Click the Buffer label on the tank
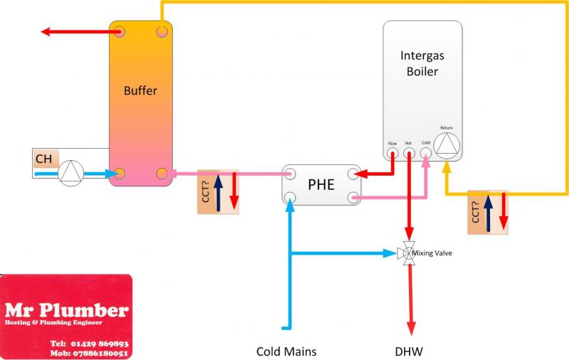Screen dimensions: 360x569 coord(140,90)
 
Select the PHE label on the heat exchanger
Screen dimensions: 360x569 coord(321,185)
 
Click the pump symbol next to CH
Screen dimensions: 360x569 coord(70,173)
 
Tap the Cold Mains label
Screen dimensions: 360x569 coord(286,351)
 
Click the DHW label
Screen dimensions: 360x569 coord(410,351)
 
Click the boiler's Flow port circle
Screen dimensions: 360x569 coord(392,152)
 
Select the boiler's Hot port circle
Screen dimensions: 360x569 coord(408,152)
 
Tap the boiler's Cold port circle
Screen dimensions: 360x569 coord(426,152)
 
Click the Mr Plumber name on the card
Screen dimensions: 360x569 coord(66,310)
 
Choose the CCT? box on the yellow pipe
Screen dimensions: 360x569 coord(488,212)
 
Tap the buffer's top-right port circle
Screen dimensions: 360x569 coord(162,31)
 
